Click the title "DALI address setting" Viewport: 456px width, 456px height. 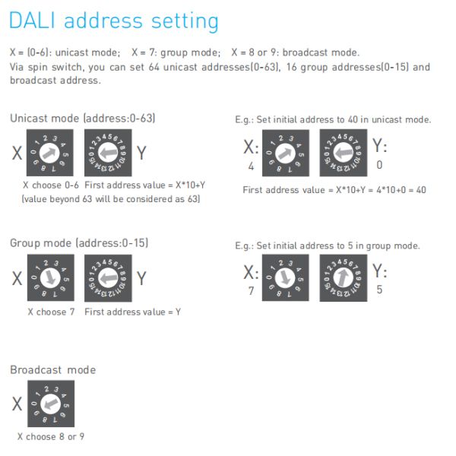113,21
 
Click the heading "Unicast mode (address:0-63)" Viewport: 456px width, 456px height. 82,119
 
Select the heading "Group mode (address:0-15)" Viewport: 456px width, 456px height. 79,243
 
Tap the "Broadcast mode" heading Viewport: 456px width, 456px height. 53,370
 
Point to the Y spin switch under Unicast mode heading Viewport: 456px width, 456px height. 108,153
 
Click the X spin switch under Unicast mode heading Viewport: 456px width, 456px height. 50,153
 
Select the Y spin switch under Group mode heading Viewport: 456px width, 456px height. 108,277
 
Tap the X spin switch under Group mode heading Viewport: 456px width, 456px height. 50,277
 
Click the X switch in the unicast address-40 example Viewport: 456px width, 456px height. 285,153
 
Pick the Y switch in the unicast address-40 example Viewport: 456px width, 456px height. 343,153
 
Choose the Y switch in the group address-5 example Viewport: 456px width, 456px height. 343,278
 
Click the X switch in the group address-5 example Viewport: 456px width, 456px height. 285,278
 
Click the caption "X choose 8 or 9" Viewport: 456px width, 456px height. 51,437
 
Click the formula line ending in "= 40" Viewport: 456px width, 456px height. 334,189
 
